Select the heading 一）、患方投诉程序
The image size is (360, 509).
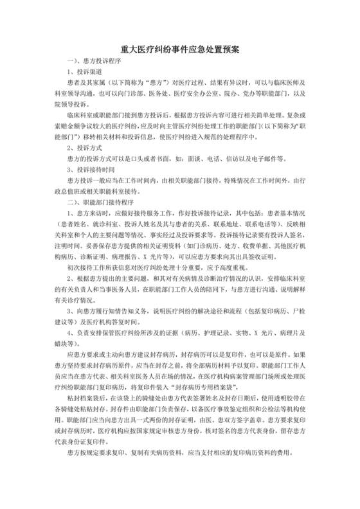tap(91, 61)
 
